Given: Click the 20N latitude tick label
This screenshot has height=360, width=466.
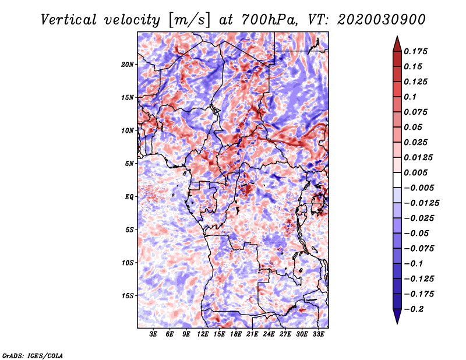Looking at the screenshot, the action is click(x=127, y=65).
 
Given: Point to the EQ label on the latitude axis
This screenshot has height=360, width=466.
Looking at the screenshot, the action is click(x=129, y=197).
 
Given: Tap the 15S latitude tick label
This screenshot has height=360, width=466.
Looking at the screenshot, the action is click(x=127, y=296).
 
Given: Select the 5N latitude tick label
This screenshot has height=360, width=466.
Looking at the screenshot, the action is click(x=129, y=164).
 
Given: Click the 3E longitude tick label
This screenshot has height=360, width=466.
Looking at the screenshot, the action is click(x=153, y=334).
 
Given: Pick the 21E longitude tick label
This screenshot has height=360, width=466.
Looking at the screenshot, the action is click(x=252, y=334).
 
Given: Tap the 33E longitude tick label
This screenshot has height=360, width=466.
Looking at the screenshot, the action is click(x=318, y=334).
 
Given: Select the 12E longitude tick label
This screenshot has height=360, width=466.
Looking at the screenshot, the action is click(x=202, y=334).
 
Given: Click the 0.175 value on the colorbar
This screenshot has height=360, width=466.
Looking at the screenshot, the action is click(x=415, y=51).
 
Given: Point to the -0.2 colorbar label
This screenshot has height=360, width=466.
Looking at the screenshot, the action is click(x=414, y=309).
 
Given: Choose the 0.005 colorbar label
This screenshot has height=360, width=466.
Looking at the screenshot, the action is click(x=415, y=172).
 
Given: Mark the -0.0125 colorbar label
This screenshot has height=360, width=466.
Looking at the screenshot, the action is click(x=421, y=203).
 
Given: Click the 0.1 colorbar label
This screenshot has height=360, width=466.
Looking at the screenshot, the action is click(x=410, y=97).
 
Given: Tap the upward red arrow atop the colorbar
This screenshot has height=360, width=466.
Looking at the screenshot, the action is click(x=397, y=44).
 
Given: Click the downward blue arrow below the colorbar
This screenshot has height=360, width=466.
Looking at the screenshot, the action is click(x=397, y=316).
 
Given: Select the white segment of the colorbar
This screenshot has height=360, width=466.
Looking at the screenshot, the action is click(x=397, y=180).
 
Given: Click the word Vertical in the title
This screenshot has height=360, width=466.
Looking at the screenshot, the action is click(x=69, y=20).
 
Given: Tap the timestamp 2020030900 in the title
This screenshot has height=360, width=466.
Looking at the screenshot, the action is click(x=382, y=20).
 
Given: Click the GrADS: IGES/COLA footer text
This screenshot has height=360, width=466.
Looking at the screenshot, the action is click(x=33, y=356).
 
